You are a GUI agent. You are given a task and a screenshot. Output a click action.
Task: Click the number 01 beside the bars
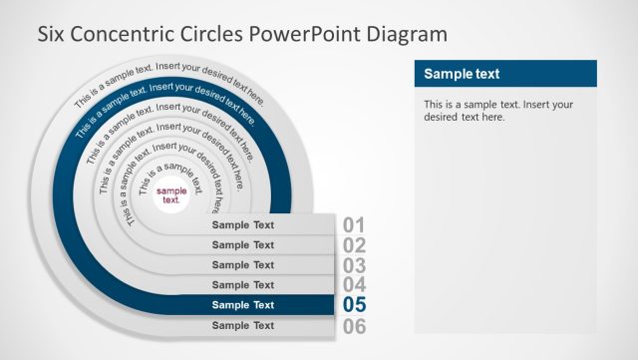click(355, 225)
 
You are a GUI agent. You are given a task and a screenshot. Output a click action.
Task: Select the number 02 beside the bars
click(355, 245)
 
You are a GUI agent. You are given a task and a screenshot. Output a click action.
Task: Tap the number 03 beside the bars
click(355, 265)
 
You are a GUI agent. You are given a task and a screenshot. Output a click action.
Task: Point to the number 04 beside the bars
click(355, 285)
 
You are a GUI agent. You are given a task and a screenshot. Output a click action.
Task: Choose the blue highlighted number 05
click(355, 305)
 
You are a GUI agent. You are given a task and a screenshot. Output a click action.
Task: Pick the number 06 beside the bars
click(355, 326)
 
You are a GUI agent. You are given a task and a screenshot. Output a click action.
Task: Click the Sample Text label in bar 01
click(243, 224)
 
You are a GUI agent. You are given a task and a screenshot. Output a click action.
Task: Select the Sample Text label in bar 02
click(243, 244)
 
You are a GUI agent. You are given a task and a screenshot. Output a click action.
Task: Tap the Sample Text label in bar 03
click(243, 265)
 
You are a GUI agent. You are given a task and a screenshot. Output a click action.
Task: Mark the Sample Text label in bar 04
click(243, 285)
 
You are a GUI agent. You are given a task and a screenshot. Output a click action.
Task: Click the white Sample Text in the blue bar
click(243, 305)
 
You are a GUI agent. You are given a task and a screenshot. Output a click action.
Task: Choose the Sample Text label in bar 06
click(243, 325)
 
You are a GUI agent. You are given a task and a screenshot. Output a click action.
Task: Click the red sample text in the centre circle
click(171, 195)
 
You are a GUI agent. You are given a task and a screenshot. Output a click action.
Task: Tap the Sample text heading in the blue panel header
click(462, 74)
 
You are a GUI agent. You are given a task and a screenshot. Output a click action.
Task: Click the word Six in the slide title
click(52, 34)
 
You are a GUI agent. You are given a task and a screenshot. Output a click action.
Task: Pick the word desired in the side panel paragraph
click(444, 117)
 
